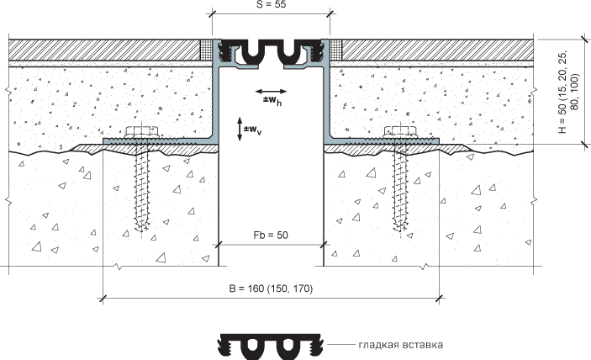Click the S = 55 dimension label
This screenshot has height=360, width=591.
(271, 4)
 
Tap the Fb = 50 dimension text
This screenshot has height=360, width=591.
(271, 236)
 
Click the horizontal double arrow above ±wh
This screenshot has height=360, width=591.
(271, 91)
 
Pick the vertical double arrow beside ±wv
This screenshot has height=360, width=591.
(240, 129)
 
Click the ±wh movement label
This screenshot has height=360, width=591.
(272, 101)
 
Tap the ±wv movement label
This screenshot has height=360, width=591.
(252, 130)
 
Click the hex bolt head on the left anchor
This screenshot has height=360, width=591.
(140, 131)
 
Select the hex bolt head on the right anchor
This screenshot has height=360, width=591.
(400, 131)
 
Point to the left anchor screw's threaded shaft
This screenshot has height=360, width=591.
(142, 187)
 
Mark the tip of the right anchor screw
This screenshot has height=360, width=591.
(400, 230)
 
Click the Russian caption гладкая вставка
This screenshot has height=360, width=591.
(401, 345)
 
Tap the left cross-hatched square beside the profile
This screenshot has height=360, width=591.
(207, 50)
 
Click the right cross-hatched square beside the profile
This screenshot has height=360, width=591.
(335, 50)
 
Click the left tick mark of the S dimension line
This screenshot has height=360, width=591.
(212, 14)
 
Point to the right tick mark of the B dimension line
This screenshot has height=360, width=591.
(439, 299)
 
